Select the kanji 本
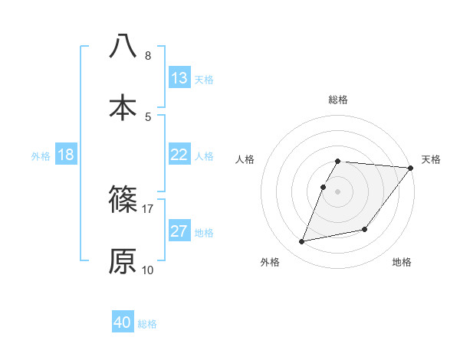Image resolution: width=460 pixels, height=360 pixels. coord(123,106)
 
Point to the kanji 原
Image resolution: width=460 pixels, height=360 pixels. coord(123,260)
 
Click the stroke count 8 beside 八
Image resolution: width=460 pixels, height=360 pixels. coord(147,55)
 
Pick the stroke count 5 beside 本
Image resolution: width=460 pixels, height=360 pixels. coord(147,116)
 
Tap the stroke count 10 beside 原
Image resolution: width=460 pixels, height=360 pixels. coord(148,270)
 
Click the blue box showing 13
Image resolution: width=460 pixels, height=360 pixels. coord(179,78)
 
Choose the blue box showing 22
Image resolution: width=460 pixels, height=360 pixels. coord(179,155)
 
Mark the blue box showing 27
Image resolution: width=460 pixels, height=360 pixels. coord(179,231)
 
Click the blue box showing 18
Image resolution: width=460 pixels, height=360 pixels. coord(66,155)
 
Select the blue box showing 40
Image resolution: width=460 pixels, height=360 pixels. coord(123,323)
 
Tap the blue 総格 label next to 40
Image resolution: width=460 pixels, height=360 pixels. coord(147,324)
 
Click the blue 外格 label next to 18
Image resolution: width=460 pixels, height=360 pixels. coord(41,155)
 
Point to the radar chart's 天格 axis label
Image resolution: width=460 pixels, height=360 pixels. coord(431,159)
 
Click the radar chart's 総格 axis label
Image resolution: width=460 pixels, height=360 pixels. coord(338,100)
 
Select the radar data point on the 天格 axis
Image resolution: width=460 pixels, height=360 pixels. coord(410,168)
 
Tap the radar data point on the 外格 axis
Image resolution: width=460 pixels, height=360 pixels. coord(302,242)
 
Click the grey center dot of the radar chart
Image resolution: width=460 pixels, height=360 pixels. coord(338,191)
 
